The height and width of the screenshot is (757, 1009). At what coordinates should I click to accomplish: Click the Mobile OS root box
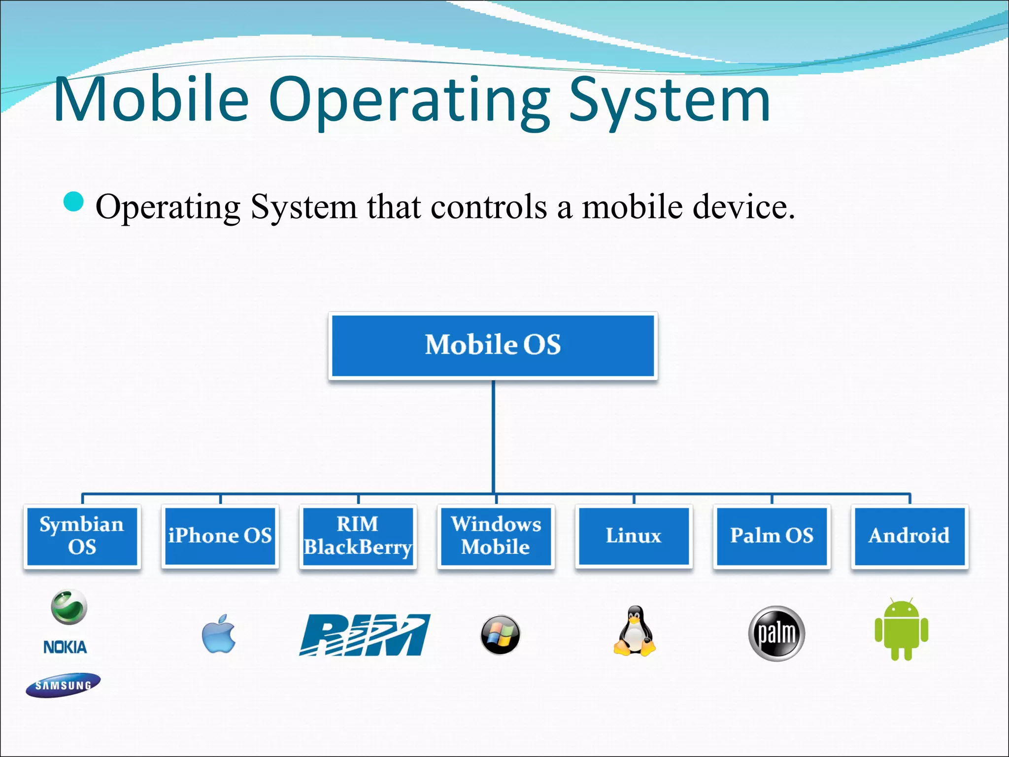[x=493, y=345]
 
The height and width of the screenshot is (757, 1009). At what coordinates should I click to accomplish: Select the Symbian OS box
[x=82, y=536]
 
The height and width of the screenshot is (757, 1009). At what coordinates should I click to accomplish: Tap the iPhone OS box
[x=220, y=536]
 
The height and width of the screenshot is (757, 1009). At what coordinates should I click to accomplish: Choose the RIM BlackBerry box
[x=358, y=536]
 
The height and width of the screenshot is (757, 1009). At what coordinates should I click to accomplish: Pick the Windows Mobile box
[x=496, y=536]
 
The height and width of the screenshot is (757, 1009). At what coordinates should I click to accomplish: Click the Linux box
[x=634, y=536]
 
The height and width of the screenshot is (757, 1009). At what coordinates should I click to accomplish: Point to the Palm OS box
[x=772, y=536]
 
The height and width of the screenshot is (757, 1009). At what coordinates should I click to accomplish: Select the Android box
[x=909, y=536]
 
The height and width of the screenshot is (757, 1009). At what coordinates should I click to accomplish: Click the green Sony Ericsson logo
[x=69, y=607]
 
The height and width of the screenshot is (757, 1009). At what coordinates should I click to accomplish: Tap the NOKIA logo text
[x=65, y=647]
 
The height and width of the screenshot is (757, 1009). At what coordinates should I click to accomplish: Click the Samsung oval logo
[x=63, y=685]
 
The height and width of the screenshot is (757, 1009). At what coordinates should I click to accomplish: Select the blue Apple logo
[x=219, y=634]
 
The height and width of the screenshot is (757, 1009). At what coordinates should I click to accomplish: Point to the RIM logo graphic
[x=365, y=635]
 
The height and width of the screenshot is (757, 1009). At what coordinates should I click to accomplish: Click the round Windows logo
[x=500, y=634]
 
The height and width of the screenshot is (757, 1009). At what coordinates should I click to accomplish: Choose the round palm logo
[x=776, y=633]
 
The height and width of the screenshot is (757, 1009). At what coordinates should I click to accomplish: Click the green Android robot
[x=902, y=629]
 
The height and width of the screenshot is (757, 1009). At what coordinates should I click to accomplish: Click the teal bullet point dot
[x=74, y=202]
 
